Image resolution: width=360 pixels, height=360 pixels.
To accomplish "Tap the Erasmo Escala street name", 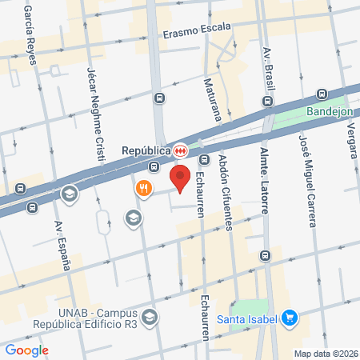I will (x=197, y=34).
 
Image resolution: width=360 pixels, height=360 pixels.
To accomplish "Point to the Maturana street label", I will (x=214, y=96).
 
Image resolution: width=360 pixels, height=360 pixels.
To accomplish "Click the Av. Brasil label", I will (x=268, y=72).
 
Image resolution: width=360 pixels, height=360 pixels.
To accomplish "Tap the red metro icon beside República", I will (x=182, y=150).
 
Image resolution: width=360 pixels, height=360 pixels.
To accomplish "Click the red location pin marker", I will (x=181, y=178).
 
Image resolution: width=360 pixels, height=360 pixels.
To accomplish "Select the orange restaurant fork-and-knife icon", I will (x=144, y=189).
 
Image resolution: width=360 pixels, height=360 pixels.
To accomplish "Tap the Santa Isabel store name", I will (x=246, y=319).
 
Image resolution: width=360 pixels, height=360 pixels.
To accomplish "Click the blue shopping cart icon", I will (x=290, y=318).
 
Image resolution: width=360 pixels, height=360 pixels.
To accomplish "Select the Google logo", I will (x=27, y=350).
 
